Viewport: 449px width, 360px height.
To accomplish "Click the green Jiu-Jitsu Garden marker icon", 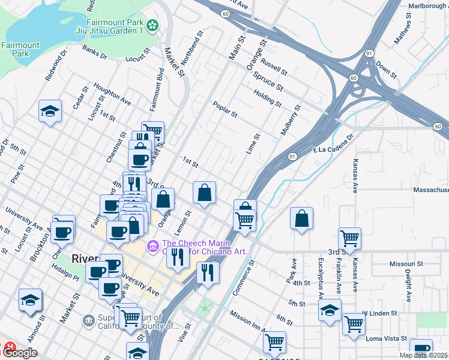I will pos(154,26).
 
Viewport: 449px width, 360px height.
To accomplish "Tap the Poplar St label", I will pos(225,109).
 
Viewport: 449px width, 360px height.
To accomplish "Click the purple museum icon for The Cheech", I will pos(152,245).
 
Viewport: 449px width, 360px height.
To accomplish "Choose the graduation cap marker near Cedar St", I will pos(50,111).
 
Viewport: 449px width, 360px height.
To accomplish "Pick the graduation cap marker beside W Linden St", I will pos(330,310).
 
